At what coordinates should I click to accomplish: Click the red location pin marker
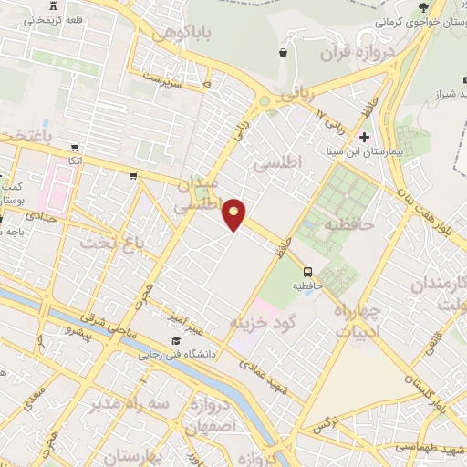234,213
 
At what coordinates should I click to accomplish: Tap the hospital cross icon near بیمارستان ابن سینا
365,138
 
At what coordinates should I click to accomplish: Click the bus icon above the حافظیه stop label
308,271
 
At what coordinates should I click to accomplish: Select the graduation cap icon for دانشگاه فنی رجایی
175,340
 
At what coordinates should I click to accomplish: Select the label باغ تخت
100,243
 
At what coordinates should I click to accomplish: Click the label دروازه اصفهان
209,415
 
